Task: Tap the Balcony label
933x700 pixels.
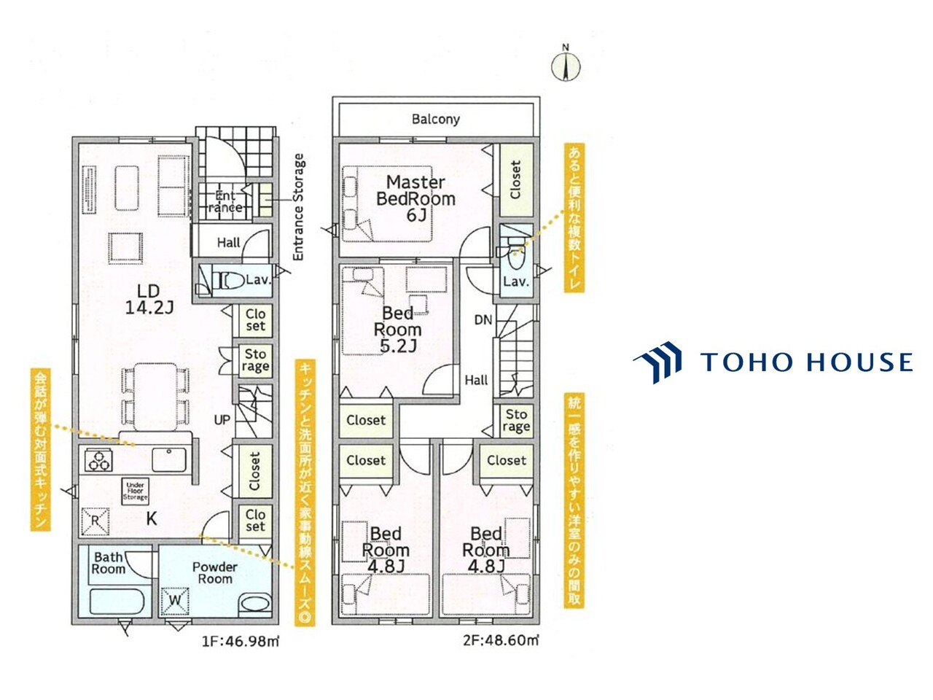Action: point(436,119)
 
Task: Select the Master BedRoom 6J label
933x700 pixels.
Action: point(415,198)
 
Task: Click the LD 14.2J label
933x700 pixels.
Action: point(149,299)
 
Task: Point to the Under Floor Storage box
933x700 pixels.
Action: point(135,491)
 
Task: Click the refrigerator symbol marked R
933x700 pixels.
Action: point(95,521)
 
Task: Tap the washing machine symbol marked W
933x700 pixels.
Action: point(175,601)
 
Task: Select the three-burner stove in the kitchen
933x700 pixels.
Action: point(98,461)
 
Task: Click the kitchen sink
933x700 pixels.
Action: point(169,459)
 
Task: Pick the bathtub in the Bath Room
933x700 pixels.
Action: point(117,601)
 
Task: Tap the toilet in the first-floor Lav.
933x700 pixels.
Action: point(228,281)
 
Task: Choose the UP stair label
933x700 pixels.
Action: point(222,420)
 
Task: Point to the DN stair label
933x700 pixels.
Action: point(483,320)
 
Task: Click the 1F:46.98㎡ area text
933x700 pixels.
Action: point(240,641)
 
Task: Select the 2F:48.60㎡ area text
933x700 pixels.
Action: point(501,640)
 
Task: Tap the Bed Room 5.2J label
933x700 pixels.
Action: point(397,330)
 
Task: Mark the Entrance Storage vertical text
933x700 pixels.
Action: point(299,207)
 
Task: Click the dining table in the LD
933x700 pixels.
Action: point(155,397)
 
